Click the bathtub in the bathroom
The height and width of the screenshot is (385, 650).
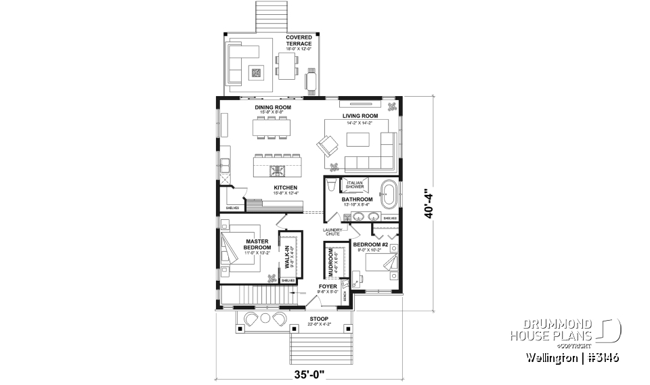(x=389, y=194)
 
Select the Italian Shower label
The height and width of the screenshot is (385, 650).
(x=356, y=185)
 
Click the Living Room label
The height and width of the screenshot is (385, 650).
(x=360, y=116)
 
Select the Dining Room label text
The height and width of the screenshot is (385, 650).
(x=273, y=108)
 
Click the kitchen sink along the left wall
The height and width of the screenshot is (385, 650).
(x=223, y=163)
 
